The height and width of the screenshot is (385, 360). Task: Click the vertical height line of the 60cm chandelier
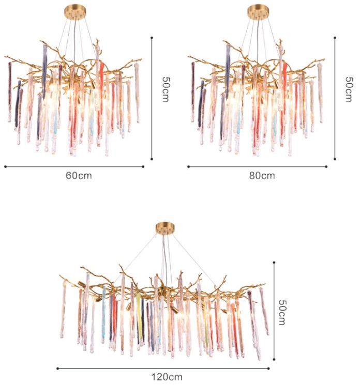pos(152,98)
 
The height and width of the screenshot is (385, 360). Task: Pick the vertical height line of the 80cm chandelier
pos(335,98)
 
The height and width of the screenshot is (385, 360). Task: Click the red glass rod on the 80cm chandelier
pos(284,90)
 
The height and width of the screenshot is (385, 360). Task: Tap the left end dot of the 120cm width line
pos(57,368)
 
